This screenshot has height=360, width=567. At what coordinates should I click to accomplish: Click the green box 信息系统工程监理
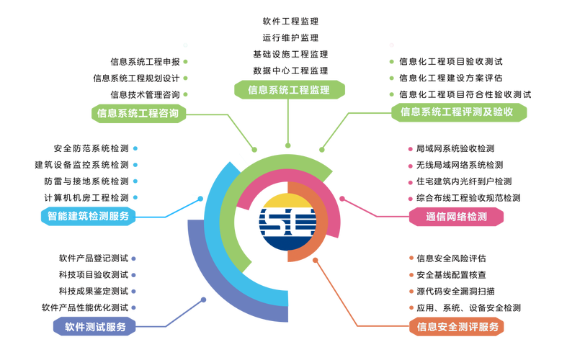coord(290,89)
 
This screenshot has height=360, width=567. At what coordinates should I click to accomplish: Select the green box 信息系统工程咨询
coord(138,113)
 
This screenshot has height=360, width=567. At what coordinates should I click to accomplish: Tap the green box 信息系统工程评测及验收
coord(458,112)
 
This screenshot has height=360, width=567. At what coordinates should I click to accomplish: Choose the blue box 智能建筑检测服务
coord(88,216)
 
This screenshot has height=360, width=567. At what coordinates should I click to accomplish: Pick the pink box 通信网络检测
coord(456,217)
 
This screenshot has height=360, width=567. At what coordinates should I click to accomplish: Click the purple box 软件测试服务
coord(94,327)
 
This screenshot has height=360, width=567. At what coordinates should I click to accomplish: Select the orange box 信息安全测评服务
coord(456,327)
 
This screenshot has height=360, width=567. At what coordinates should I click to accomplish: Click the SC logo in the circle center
coord(288,222)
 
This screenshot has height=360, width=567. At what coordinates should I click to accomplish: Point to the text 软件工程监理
coord(290,22)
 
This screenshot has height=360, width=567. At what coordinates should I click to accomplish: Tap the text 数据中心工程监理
coord(290,71)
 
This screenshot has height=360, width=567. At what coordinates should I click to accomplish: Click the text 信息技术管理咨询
coord(145,95)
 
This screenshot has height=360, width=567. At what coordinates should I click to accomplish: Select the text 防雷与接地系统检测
coord(86,181)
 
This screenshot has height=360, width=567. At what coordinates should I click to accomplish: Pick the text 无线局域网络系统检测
coord(460,165)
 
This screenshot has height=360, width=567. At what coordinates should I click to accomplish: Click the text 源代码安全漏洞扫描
coord(455,292)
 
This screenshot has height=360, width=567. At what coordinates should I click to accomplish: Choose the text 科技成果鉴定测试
coord(94,292)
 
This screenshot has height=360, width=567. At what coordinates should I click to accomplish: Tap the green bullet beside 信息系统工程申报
coord(185,62)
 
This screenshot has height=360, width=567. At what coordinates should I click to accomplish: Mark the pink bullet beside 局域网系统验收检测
coord(411,149)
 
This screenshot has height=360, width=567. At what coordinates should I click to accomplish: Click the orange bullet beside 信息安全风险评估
coord(411,258)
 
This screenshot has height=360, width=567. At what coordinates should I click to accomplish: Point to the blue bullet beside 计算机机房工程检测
coord(135,197)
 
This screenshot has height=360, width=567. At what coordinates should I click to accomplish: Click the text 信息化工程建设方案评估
coord(450,78)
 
